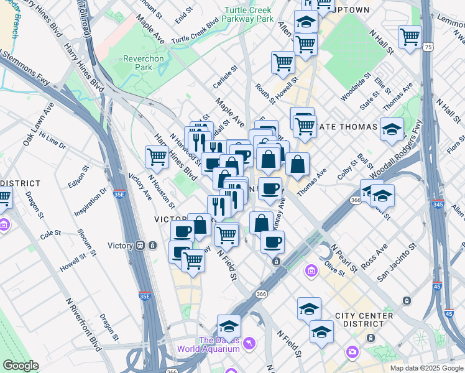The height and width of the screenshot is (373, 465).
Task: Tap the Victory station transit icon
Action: point(141,246)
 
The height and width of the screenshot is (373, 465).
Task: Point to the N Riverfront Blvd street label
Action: point(83,324)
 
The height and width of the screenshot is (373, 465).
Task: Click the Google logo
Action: point(21,366)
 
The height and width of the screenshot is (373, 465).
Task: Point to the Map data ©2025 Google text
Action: point(426,368)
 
